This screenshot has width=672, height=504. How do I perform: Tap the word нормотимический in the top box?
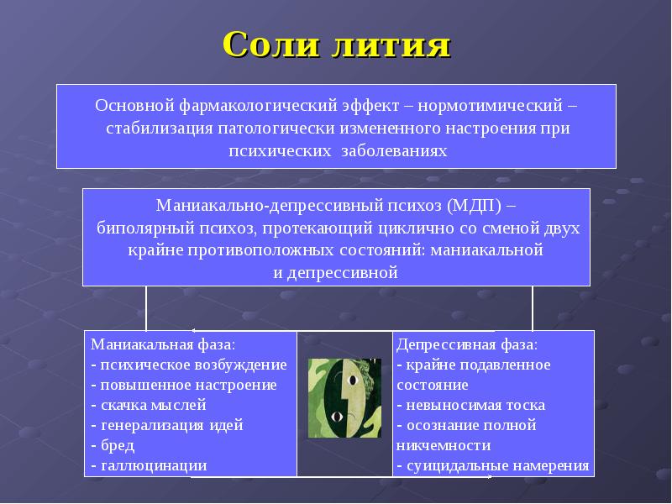click(x=501, y=108)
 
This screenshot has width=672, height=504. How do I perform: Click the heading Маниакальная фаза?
click(x=163, y=344)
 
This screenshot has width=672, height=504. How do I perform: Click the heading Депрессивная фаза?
click(x=467, y=344)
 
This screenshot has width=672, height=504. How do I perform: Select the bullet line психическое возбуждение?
click(x=192, y=365)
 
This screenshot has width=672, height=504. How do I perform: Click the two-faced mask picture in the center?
click(x=344, y=397)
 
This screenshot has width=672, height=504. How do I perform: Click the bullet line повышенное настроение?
click(x=187, y=385)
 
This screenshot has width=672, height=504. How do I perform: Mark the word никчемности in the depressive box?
click(x=444, y=445)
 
